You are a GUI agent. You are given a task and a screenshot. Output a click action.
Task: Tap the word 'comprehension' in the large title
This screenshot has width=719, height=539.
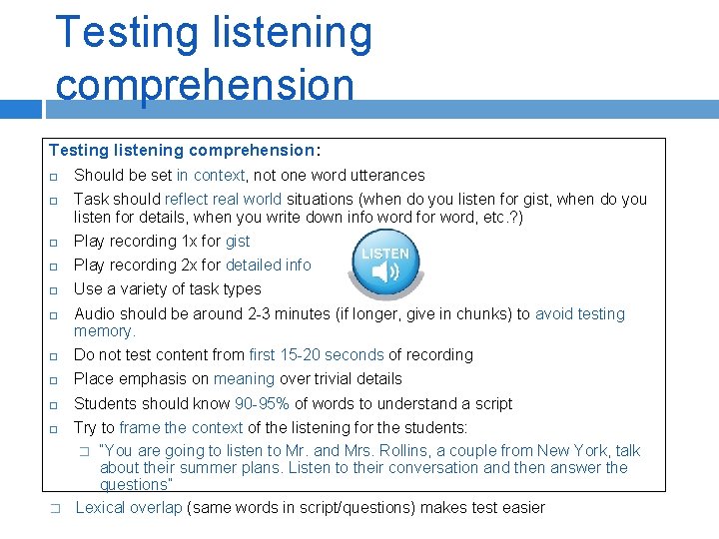click(x=205, y=84)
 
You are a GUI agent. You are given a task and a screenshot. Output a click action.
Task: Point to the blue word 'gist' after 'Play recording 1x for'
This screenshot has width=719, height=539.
click(x=238, y=242)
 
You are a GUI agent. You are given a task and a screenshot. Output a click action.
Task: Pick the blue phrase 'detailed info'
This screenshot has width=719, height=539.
click(x=268, y=266)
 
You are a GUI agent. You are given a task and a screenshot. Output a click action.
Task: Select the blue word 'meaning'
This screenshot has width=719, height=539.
click(x=244, y=379)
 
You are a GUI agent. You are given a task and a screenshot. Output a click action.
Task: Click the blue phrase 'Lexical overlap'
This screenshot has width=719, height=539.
click(x=129, y=508)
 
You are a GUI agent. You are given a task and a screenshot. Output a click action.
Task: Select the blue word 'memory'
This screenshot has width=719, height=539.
click(x=103, y=331)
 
